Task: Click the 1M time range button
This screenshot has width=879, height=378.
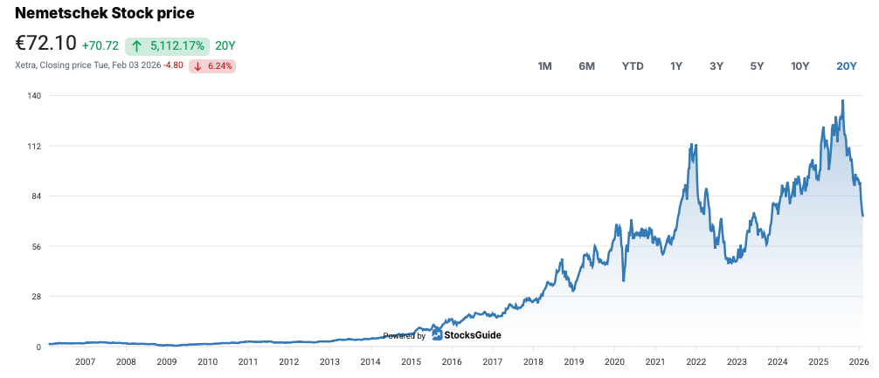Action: click(544, 66)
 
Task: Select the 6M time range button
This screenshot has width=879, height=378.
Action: click(586, 66)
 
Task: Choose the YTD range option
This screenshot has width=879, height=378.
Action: click(633, 66)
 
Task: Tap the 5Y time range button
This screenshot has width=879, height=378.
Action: click(757, 66)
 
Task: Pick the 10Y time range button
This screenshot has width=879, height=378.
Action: click(799, 66)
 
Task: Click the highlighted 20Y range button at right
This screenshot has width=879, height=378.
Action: click(846, 66)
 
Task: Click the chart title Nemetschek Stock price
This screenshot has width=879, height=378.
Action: click(105, 13)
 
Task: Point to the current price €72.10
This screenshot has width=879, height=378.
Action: click(45, 44)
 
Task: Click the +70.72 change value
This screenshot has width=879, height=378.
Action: click(100, 45)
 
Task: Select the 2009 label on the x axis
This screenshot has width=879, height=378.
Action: click(167, 361)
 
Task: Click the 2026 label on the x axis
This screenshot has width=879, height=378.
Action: click(857, 361)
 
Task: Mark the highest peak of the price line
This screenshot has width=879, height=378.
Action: click(842, 100)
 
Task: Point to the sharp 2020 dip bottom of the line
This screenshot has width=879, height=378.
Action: click(623, 280)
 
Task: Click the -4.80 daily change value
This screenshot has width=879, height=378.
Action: click(173, 66)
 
